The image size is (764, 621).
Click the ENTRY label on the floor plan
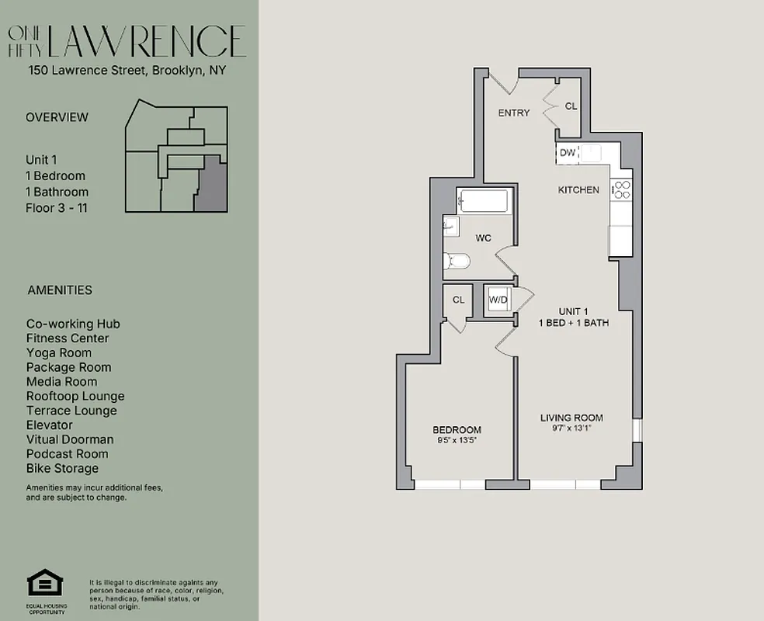514,113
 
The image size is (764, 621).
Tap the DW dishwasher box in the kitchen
568,153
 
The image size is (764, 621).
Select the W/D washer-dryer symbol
498,300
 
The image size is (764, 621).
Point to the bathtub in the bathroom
482,201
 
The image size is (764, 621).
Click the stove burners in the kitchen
622,189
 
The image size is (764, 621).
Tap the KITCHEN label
578,190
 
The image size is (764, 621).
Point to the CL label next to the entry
571,106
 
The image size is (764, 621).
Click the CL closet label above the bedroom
458,300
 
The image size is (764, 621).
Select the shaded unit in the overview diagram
210,183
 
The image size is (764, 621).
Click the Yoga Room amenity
58,352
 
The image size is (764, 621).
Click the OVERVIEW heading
57,117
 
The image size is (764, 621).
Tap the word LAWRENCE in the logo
148,42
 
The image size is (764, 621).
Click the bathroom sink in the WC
450,227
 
